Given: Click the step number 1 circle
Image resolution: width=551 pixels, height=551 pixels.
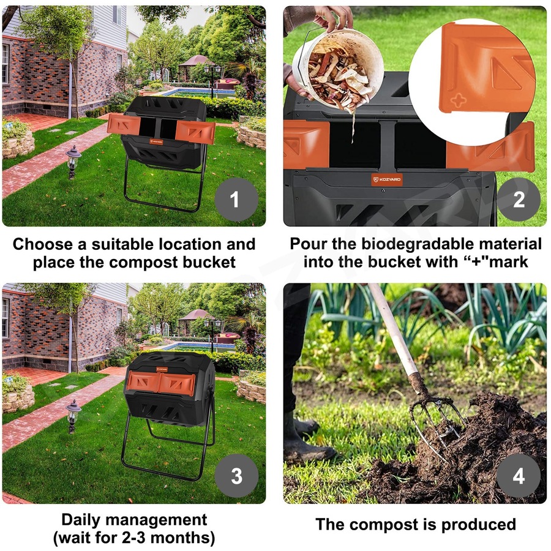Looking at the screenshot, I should click(236, 200).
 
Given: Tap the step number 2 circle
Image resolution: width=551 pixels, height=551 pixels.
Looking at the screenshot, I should click(519, 200).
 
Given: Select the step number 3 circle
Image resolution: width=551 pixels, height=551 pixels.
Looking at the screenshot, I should click(236, 476).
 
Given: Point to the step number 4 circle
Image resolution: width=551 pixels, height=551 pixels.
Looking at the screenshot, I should click(519, 476).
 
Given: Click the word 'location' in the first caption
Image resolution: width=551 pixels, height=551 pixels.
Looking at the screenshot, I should click(176, 244).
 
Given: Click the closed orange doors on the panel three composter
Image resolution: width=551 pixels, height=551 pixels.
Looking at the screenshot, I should click(160, 383).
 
